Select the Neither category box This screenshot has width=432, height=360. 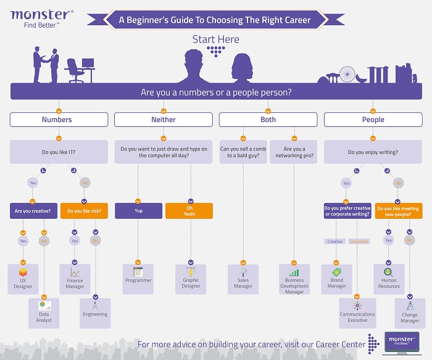(164, 120)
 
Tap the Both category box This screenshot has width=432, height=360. (268, 120)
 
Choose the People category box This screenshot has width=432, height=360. (373, 120)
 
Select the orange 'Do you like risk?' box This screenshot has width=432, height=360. (85, 211)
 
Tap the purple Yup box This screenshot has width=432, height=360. (138, 211)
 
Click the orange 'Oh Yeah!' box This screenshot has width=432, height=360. (189, 211)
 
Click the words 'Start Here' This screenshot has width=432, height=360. (215, 39)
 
